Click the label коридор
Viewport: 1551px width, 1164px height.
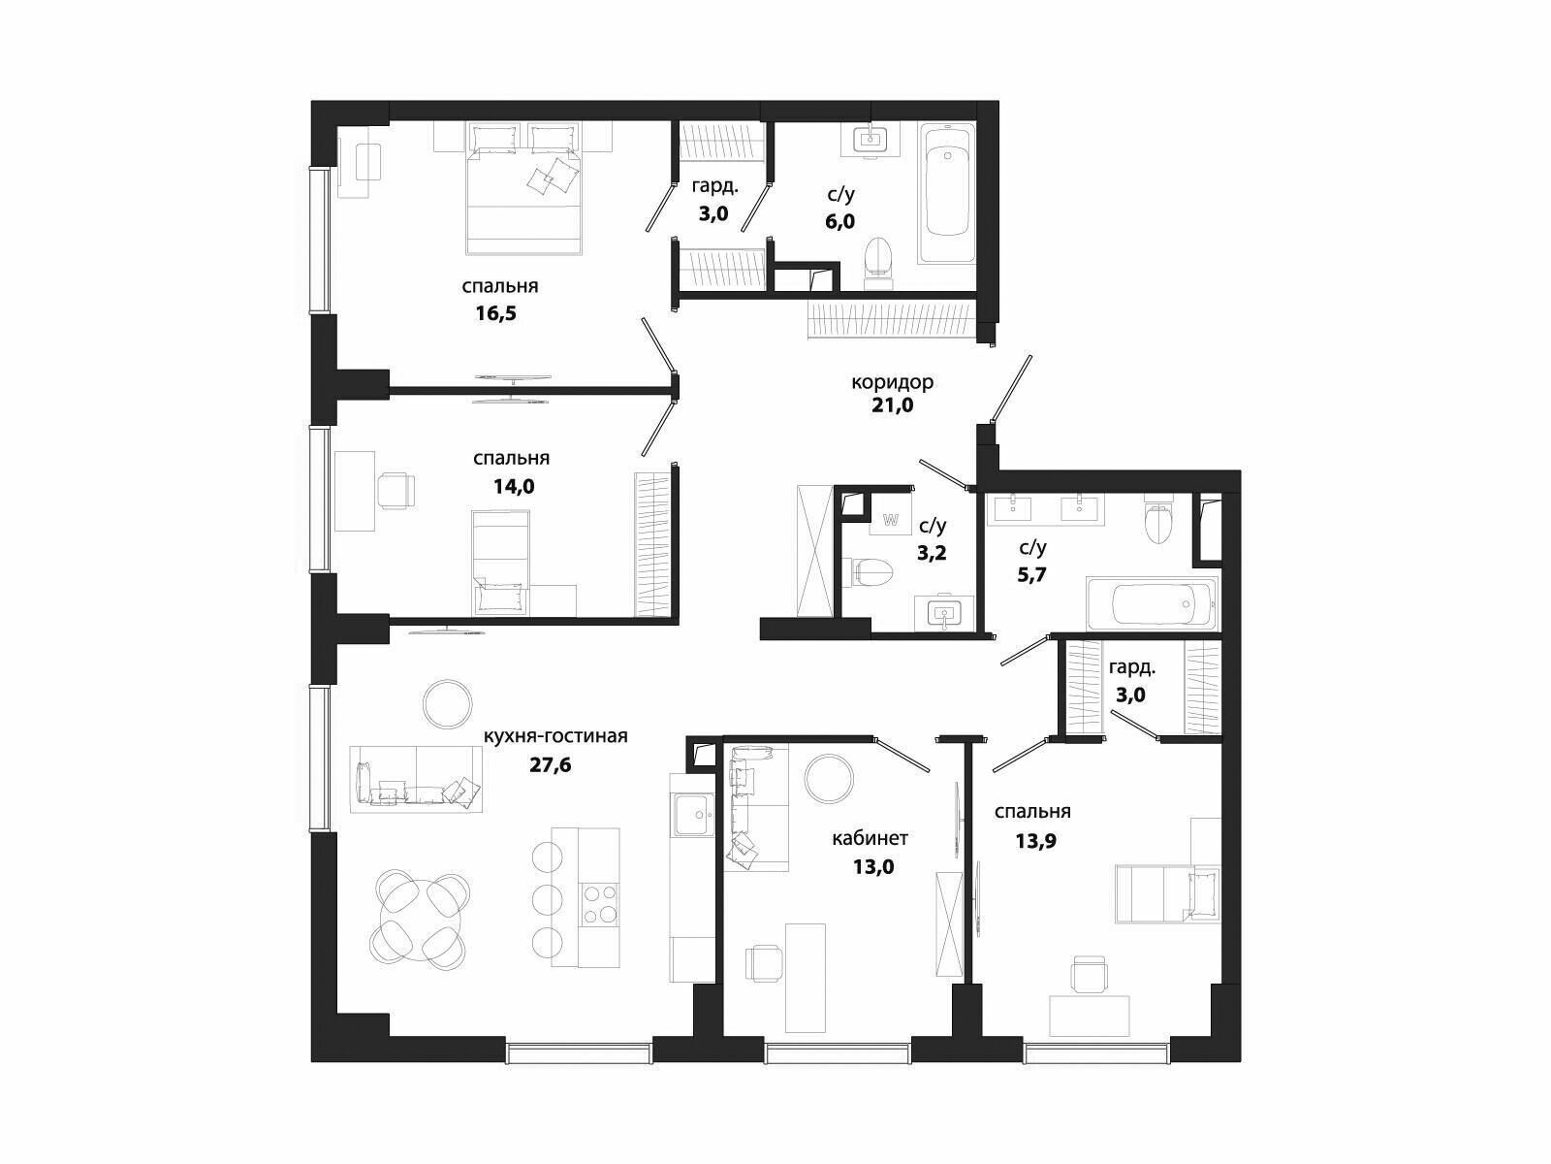point(892,383)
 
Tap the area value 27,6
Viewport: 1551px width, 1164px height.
point(551,764)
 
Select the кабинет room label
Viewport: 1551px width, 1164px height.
point(870,838)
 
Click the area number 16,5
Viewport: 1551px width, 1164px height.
point(496,313)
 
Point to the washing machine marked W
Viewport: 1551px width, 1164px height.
point(890,520)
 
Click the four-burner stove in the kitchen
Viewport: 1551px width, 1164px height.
point(600,905)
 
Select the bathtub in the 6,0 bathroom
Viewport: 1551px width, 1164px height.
point(947,192)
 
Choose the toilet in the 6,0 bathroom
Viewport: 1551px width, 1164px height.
point(878,263)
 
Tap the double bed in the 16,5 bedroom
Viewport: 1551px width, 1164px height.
point(523,188)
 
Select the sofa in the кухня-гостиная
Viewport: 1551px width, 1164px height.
point(416,779)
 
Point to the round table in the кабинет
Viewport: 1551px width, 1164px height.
point(830,779)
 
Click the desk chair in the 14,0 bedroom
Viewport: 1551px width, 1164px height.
point(396,490)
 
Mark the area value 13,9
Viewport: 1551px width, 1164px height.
point(1035,841)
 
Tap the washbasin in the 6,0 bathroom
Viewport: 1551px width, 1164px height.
point(870,140)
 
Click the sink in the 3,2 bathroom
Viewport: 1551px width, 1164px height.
point(943,613)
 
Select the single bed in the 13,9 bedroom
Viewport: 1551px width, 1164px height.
point(1167,894)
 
